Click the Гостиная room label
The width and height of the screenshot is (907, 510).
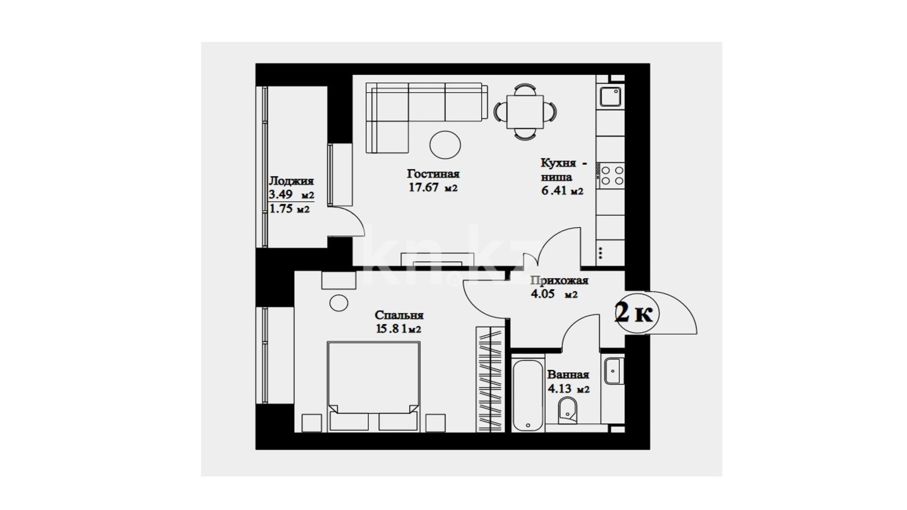pos(433,174)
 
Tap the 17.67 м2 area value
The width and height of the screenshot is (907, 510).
pos(433,188)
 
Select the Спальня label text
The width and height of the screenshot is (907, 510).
pos(399,315)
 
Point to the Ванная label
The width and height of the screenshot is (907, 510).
pos(567,375)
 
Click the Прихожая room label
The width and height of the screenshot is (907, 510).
pos(559,280)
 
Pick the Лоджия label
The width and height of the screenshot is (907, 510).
pos(291,181)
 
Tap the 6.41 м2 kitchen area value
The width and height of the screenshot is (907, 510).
pos(562,191)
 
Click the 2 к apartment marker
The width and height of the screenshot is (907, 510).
pos(634,314)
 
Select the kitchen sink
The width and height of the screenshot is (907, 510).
pos(610,97)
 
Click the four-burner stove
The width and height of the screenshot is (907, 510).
pos(612,176)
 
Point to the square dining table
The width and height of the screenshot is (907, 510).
pos(525,112)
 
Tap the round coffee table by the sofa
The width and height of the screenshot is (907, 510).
pos(446,145)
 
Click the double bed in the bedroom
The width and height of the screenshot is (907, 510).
pos(374,386)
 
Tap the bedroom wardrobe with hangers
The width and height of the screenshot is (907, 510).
pos(490,379)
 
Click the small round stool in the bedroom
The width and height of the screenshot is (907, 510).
pos(339,303)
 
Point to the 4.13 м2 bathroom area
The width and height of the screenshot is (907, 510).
pos(569,389)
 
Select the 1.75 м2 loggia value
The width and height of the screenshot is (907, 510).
pos(290,209)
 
